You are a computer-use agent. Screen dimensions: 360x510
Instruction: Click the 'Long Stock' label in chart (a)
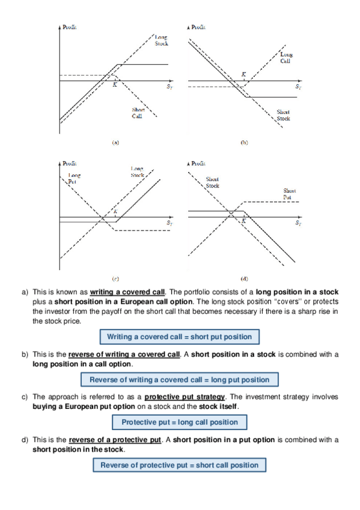click(162, 41)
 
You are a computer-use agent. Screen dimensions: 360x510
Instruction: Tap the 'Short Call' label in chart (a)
click(138, 113)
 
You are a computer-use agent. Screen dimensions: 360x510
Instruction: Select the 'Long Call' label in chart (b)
click(286, 58)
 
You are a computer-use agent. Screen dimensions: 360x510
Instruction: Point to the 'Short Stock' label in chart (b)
click(283, 115)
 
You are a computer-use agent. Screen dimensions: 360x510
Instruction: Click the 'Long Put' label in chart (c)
click(75, 178)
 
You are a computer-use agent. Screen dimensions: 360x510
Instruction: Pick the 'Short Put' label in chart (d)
click(289, 194)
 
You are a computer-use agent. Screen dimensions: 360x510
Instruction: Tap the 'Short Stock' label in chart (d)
click(213, 182)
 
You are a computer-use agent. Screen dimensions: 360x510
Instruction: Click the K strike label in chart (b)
click(243, 75)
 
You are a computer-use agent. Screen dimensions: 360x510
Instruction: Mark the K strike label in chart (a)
click(115, 85)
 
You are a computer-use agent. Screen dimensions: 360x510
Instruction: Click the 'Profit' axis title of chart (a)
click(70, 27)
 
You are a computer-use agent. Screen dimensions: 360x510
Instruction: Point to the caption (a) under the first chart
click(115, 143)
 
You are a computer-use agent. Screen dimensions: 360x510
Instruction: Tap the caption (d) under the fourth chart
click(244, 278)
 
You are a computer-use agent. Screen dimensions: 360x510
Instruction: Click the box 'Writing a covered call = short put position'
click(180, 337)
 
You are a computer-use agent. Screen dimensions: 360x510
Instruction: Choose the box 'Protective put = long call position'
click(180, 422)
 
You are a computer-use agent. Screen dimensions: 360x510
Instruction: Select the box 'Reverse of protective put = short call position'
click(179, 465)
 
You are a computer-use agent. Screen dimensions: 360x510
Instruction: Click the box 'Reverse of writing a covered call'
click(180, 379)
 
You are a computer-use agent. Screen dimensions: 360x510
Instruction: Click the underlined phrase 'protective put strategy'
click(185, 397)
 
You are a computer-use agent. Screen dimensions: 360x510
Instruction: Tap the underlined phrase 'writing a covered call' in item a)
click(127, 292)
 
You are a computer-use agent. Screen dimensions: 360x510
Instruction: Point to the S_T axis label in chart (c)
click(169, 223)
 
